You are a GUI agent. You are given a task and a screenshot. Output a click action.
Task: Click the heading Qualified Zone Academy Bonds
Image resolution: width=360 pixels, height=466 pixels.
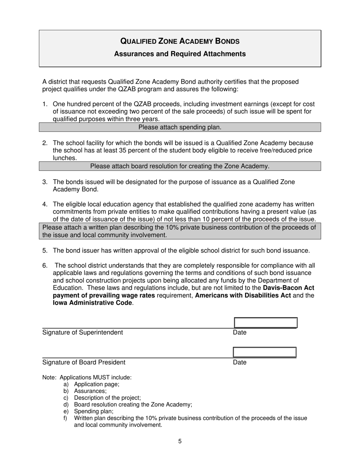[x=180, y=41]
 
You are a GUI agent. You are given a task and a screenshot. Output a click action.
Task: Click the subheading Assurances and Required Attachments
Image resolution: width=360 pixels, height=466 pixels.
[x=180, y=54]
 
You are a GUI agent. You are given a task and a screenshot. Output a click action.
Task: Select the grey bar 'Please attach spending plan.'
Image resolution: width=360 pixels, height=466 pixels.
[x=180, y=127]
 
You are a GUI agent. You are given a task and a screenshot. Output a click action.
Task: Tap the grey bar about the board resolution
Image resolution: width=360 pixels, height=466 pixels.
[x=180, y=166]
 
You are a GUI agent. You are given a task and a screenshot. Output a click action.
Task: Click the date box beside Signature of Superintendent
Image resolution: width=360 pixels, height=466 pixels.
[x=266, y=323]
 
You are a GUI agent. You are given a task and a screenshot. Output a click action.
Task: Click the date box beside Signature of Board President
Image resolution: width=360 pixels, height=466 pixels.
[x=265, y=352]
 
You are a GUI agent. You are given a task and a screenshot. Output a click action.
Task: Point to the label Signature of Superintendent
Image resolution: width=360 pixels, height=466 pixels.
[x=83, y=333]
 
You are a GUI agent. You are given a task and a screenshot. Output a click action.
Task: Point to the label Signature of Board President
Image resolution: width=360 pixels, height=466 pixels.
[x=84, y=362]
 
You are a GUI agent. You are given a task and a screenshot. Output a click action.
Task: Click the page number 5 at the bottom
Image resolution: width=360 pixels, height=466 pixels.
[x=180, y=441]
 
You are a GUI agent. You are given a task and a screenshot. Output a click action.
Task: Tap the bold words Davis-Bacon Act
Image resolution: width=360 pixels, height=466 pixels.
[x=288, y=288]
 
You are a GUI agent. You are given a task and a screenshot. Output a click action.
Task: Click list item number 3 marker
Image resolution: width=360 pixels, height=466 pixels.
[x=45, y=182]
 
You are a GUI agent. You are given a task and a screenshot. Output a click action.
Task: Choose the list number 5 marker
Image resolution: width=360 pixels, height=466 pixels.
[x=45, y=250]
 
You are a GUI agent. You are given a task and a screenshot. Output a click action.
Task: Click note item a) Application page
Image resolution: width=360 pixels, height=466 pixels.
[x=96, y=384]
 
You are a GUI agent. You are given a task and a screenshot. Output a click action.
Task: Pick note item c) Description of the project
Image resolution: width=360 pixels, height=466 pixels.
[x=107, y=398]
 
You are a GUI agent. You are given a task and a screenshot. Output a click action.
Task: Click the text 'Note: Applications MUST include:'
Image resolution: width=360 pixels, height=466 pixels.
[x=87, y=377]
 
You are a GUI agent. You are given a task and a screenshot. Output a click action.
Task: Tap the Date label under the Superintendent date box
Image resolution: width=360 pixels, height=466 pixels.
[x=239, y=333]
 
